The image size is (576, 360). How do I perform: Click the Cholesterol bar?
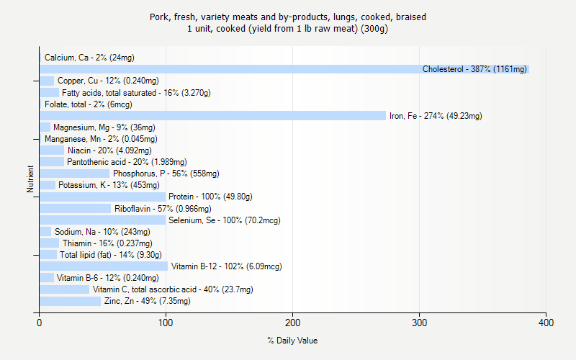(x=284, y=69)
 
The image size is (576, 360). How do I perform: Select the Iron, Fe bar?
(x=212, y=116)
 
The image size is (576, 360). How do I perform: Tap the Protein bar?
(x=102, y=197)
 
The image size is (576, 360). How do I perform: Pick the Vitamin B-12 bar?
(x=104, y=266)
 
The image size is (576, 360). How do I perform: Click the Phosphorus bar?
(x=74, y=174)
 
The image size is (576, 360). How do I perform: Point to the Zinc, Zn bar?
(x=70, y=301)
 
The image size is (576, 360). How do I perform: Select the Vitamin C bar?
(x=64, y=289)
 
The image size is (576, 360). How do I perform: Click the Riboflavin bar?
(x=75, y=208)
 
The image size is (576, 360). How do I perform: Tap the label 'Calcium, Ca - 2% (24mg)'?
(x=89, y=58)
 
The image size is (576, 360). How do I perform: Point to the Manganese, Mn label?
(x=101, y=139)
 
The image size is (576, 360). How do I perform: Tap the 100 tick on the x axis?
(x=166, y=322)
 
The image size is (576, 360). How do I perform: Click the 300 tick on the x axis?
(x=419, y=322)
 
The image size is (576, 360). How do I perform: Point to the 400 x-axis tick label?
(x=546, y=322)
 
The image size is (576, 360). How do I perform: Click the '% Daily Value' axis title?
(x=292, y=341)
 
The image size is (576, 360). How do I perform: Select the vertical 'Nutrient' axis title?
(x=31, y=179)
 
